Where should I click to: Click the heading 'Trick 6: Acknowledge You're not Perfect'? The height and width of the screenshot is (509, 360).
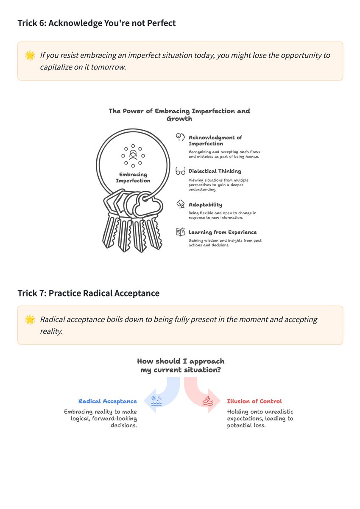pyautogui.click(x=97, y=23)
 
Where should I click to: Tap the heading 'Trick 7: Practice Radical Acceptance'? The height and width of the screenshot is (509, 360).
pyautogui.click(x=89, y=293)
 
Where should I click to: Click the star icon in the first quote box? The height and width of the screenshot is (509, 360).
pyautogui.click(x=30, y=56)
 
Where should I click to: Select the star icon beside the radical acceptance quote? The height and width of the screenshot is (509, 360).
pyautogui.click(x=30, y=320)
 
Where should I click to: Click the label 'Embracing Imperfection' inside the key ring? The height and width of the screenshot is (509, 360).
pyautogui.click(x=133, y=177)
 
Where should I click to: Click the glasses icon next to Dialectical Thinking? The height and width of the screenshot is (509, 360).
pyautogui.click(x=180, y=171)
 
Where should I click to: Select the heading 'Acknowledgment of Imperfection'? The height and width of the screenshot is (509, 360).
pyautogui.click(x=215, y=140)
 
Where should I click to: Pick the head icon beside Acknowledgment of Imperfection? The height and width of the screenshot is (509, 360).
pyautogui.click(x=180, y=137)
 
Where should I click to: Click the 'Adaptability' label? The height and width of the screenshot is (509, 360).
pyautogui.click(x=205, y=205)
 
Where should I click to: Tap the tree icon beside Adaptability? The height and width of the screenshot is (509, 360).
pyautogui.click(x=181, y=204)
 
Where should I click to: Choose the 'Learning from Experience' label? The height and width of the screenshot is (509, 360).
pyautogui.click(x=223, y=232)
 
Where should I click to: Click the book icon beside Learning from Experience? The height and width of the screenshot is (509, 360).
pyautogui.click(x=181, y=232)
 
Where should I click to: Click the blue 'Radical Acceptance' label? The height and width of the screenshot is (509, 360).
pyautogui.click(x=107, y=401)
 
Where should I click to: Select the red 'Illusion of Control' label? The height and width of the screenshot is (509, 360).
pyautogui.click(x=254, y=401)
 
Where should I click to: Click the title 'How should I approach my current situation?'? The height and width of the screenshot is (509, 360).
pyautogui.click(x=181, y=366)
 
